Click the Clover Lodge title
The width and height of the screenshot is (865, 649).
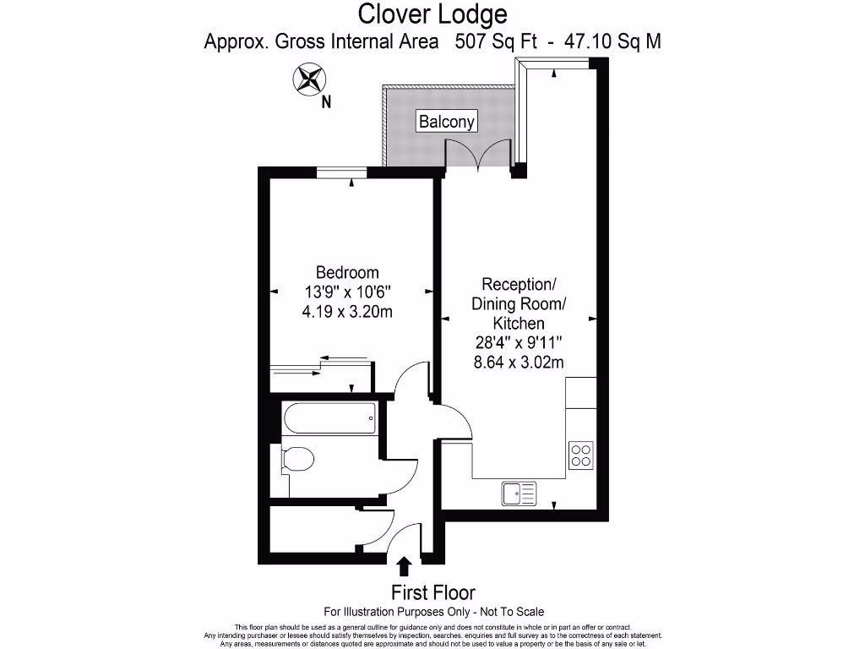432,14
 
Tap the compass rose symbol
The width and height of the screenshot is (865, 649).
309,81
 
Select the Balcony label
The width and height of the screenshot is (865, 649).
448,122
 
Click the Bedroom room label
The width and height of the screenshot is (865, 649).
347,272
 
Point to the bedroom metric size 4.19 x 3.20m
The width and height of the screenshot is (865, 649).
347,311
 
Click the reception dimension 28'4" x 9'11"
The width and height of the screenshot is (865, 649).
519,343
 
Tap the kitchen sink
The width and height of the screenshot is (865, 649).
518,492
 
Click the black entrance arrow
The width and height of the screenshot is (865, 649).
405,565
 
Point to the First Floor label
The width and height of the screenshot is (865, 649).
432,592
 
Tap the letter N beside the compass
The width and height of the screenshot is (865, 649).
326,103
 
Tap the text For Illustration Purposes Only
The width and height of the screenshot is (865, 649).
397,611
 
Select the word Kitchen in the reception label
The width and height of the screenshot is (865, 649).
519,324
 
